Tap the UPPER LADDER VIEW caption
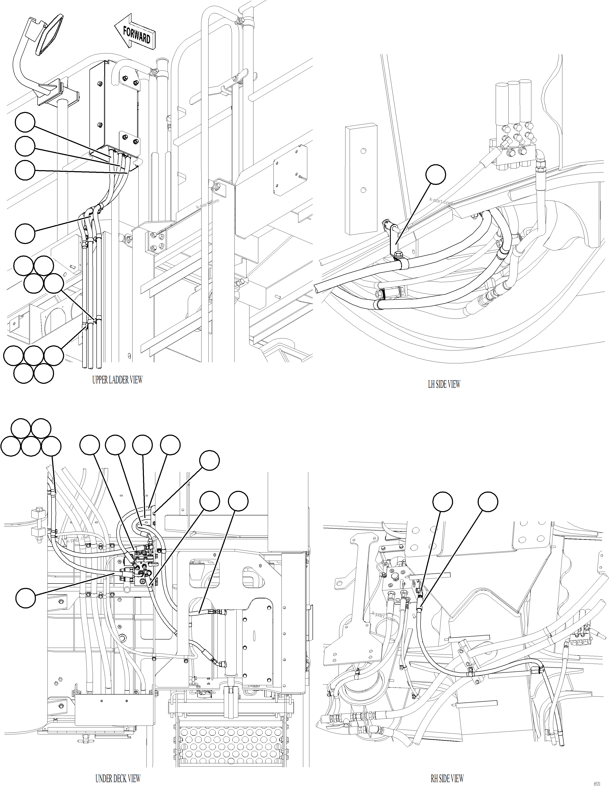pyautogui.click(x=117, y=380)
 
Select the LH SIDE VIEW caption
pyautogui.click(x=444, y=384)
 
